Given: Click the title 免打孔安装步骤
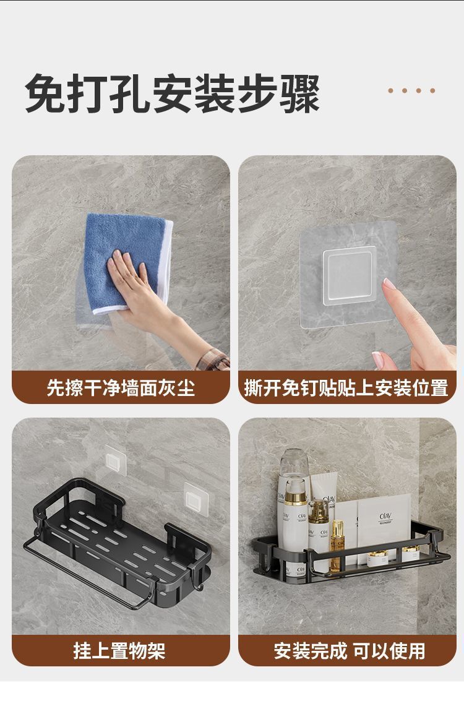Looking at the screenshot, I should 172,93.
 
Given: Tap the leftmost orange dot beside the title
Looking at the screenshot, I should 391,90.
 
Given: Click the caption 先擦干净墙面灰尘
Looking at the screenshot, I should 121,388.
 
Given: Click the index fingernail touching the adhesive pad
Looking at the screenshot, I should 389,284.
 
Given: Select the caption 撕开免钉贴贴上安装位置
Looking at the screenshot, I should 346,388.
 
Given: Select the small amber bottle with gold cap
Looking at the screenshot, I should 337,538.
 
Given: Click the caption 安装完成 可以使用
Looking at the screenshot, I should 350,650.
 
